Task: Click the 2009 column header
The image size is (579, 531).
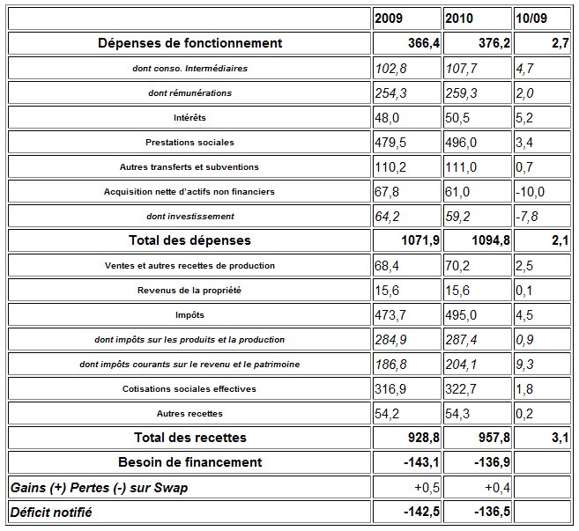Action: (x=389, y=18)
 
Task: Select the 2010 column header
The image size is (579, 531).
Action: (x=459, y=18)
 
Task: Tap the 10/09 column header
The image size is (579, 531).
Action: (x=531, y=18)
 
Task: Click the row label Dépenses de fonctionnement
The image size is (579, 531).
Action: (x=189, y=43)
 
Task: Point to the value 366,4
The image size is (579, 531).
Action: (x=424, y=43)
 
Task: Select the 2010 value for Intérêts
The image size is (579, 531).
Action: (x=457, y=118)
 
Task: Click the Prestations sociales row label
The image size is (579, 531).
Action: (x=189, y=143)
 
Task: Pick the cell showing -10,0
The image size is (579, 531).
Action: (x=530, y=192)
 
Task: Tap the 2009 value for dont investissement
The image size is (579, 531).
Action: (x=387, y=217)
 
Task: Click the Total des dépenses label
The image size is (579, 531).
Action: (x=189, y=240)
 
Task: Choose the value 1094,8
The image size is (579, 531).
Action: (x=491, y=240)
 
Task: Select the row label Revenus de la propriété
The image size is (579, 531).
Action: (x=189, y=291)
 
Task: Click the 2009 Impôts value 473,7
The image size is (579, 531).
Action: (x=390, y=314)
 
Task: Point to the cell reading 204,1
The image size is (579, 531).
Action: (x=461, y=365)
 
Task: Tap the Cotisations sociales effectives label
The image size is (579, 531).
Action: (x=189, y=389)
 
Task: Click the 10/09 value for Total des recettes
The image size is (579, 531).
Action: (x=560, y=438)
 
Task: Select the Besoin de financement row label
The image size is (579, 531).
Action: (x=189, y=462)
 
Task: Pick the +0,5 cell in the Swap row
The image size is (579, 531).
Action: (x=427, y=488)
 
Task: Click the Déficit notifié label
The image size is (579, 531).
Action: (x=51, y=513)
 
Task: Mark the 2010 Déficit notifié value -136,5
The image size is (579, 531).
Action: (x=492, y=512)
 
